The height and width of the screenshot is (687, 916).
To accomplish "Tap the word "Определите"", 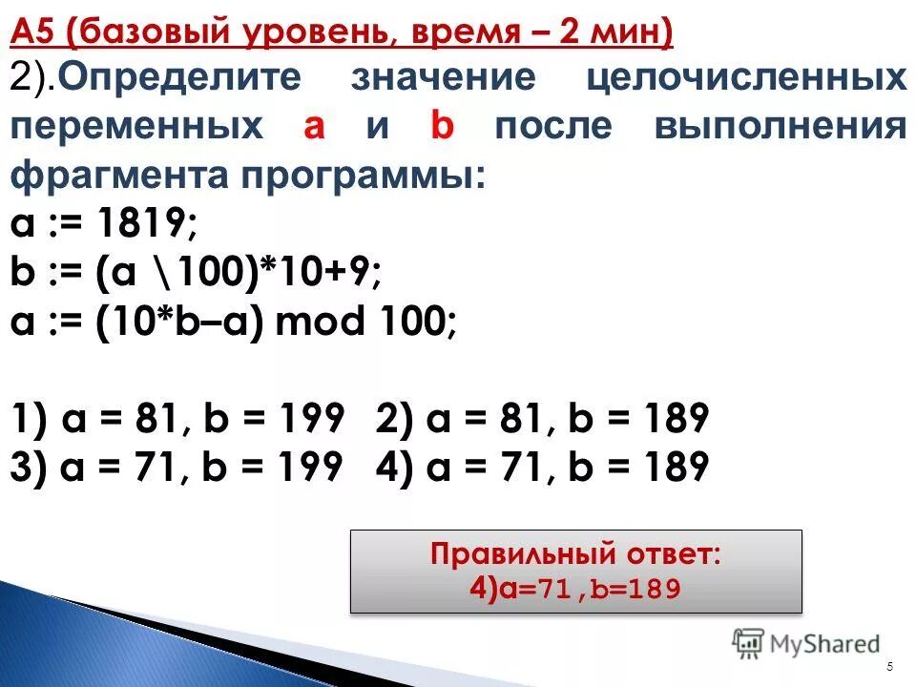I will pos(191,78).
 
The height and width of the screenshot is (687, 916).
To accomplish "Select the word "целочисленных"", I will pos(745,78).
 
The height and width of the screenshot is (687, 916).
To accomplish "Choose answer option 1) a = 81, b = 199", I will pos(178,419).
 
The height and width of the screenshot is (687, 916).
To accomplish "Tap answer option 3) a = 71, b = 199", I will pos(178,467).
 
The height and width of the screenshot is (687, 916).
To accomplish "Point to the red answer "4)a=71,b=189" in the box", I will pos(575,589).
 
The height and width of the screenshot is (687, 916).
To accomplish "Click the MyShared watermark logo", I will pos(806,643).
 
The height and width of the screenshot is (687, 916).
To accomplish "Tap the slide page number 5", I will pos(889,666).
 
